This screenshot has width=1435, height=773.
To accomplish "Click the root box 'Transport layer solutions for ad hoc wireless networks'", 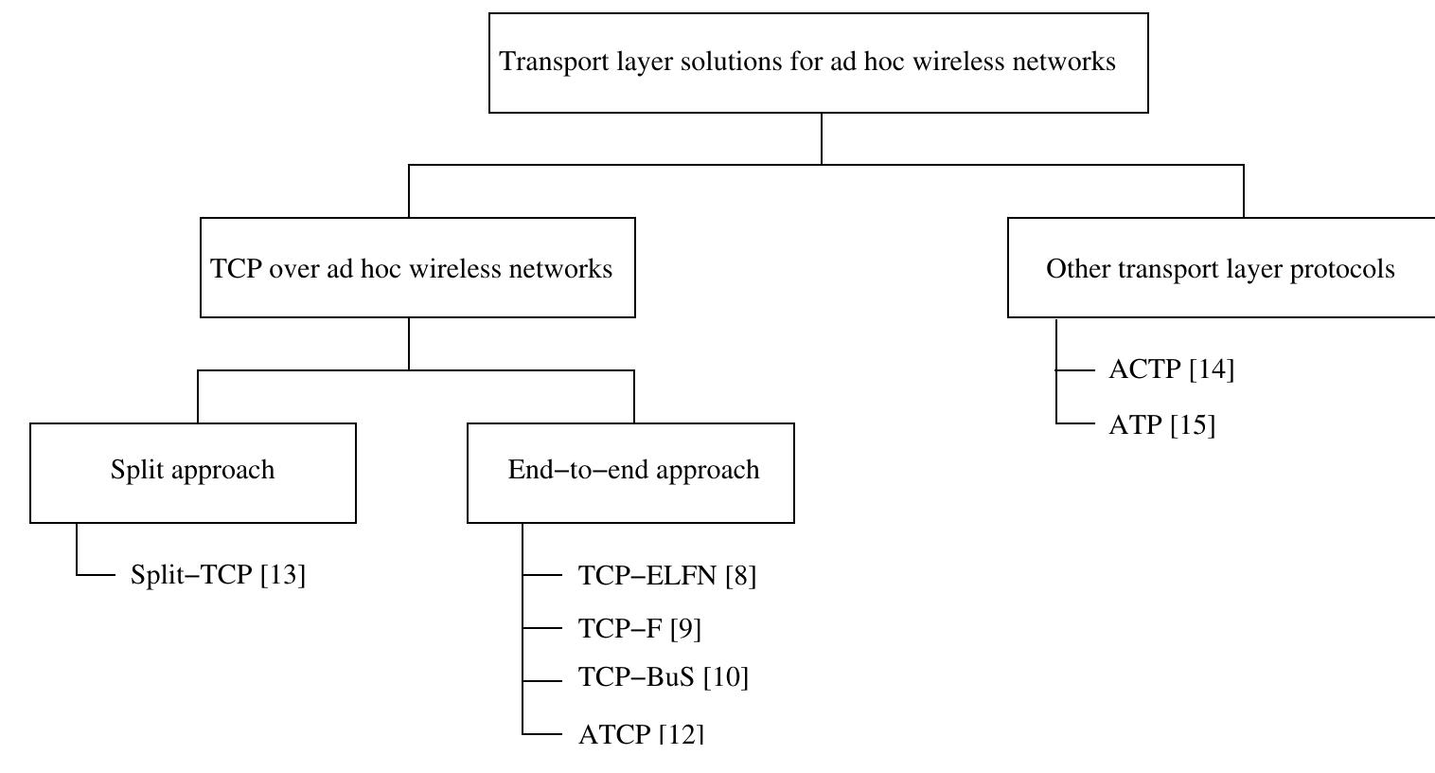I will click(818, 63).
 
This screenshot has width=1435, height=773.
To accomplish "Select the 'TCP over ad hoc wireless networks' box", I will click(417, 268).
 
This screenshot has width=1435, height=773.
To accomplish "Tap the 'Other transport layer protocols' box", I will click(1220, 268).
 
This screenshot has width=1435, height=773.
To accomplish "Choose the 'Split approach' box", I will click(193, 472).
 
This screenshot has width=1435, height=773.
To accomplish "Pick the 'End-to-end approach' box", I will click(630, 472).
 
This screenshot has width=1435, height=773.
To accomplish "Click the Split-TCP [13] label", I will click(218, 575).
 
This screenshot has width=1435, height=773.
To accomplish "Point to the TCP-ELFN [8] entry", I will click(666, 575).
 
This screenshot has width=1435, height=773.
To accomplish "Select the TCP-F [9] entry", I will click(639, 628).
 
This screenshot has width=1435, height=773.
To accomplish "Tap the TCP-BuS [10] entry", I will click(663, 677).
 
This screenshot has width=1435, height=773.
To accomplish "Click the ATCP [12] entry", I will click(641, 734).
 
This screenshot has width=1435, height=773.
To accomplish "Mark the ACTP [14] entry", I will click(1171, 369).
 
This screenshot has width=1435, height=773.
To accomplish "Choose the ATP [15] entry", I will click(1161, 424).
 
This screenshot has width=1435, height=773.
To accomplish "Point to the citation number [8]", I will click(740, 575).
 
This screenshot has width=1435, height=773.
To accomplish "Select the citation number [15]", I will click(1193, 424).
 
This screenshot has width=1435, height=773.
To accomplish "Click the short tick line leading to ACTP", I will click(1073, 370).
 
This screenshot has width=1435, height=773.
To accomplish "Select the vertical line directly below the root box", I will click(822, 138).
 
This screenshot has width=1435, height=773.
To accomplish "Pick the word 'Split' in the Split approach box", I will click(133, 471).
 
